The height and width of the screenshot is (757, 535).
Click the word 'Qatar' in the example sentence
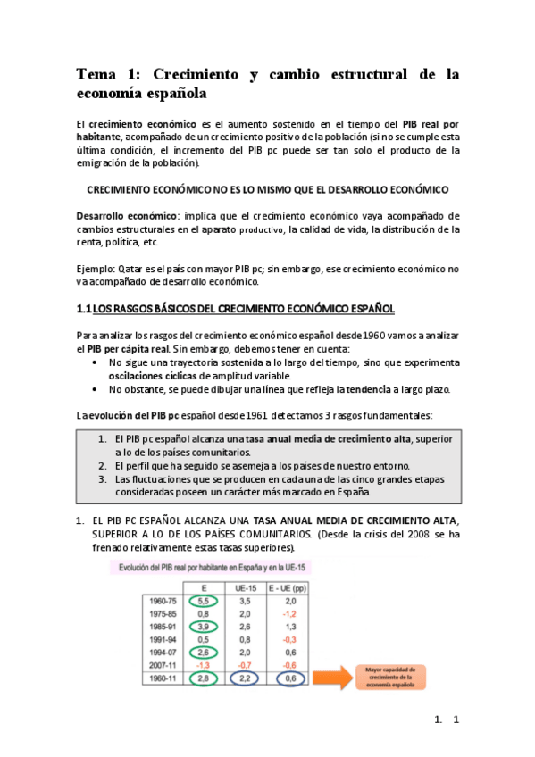click(137, 268)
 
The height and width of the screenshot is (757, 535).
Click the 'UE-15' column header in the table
click(258, 586)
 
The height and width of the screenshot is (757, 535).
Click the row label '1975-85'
click(165, 613)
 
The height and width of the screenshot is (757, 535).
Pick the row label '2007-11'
click(165, 666)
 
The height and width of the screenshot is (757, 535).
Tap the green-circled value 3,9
click(204, 627)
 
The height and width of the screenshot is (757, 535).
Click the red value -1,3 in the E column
click(204, 666)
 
